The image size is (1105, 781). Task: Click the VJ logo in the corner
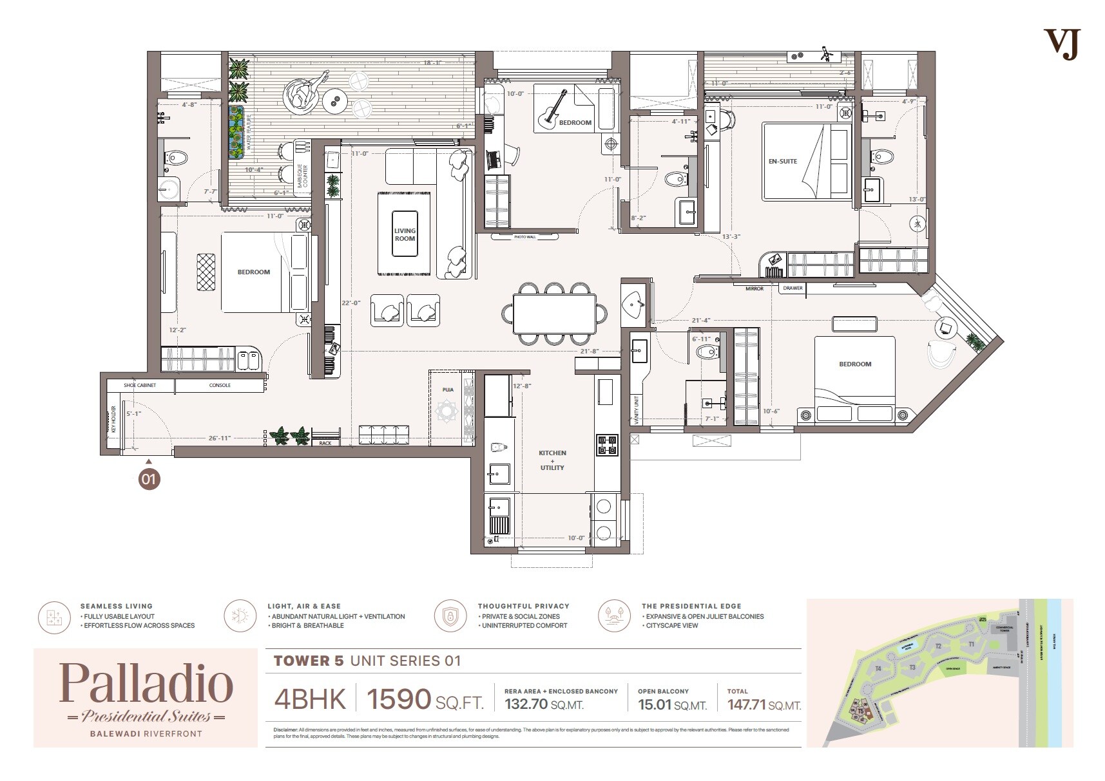pyautogui.click(x=1061, y=44)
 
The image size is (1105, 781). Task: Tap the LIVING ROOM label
pyautogui.click(x=405, y=234)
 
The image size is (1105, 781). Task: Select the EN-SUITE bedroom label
pyautogui.click(x=782, y=162)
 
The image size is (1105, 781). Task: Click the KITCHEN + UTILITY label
pyautogui.click(x=552, y=460)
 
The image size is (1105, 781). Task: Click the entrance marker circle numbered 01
pyautogui.click(x=149, y=479)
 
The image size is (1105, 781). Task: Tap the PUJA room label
pyautogui.click(x=448, y=390)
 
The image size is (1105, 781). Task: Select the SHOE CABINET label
pyautogui.click(x=140, y=386)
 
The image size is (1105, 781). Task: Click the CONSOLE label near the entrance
pyautogui.click(x=220, y=386)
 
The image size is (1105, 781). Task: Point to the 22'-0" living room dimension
pyautogui.click(x=351, y=303)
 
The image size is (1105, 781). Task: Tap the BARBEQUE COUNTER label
pyautogui.click(x=302, y=176)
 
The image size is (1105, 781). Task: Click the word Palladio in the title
pyautogui.click(x=146, y=684)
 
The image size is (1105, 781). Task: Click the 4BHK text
pyautogui.click(x=310, y=699)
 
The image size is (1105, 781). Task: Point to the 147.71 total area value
pyautogui.click(x=747, y=704)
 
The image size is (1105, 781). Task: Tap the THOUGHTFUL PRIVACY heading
pyautogui.click(x=523, y=606)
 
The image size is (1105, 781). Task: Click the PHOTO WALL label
pyautogui.click(x=524, y=237)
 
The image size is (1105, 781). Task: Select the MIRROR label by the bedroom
pyautogui.click(x=754, y=288)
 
